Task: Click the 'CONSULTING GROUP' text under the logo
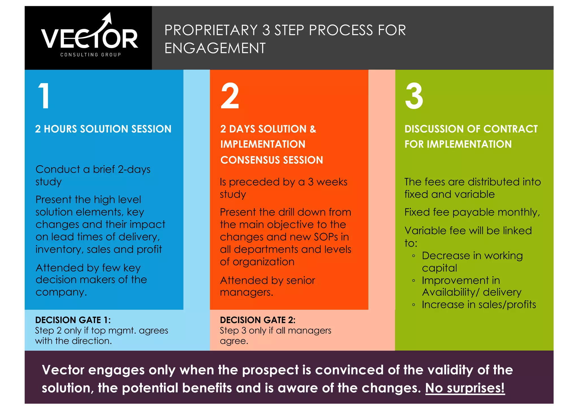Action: (x=90, y=55)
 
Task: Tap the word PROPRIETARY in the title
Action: (x=211, y=30)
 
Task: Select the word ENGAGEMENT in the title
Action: (x=215, y=48)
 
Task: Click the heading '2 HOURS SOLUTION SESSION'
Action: (x=103, y=129)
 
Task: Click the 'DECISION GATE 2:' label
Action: (x=258, y=320)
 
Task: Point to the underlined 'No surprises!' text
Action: (x=465, y=388)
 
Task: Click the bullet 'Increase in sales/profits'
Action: (x=479, y=305)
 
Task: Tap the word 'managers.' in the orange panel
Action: (x=247, y=292)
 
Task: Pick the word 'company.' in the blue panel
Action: (x=61, y=292)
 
